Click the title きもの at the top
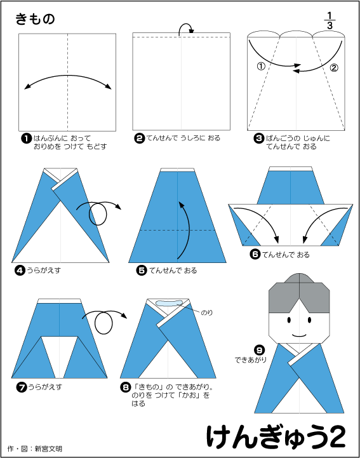[35, 19]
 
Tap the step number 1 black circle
[26, 138]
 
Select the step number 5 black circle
[142, 271]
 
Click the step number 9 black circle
[259, 349]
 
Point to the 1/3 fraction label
[330, 20]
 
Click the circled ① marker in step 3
[261, 66]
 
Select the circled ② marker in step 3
[334, 68]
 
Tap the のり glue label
[207, 313]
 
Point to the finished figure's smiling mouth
[299, 335]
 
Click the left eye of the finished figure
[289, 320]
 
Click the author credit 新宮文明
[49, 448]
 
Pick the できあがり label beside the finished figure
[251, 360]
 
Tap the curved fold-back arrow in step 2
[186, 28]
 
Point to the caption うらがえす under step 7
[44, 387]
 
